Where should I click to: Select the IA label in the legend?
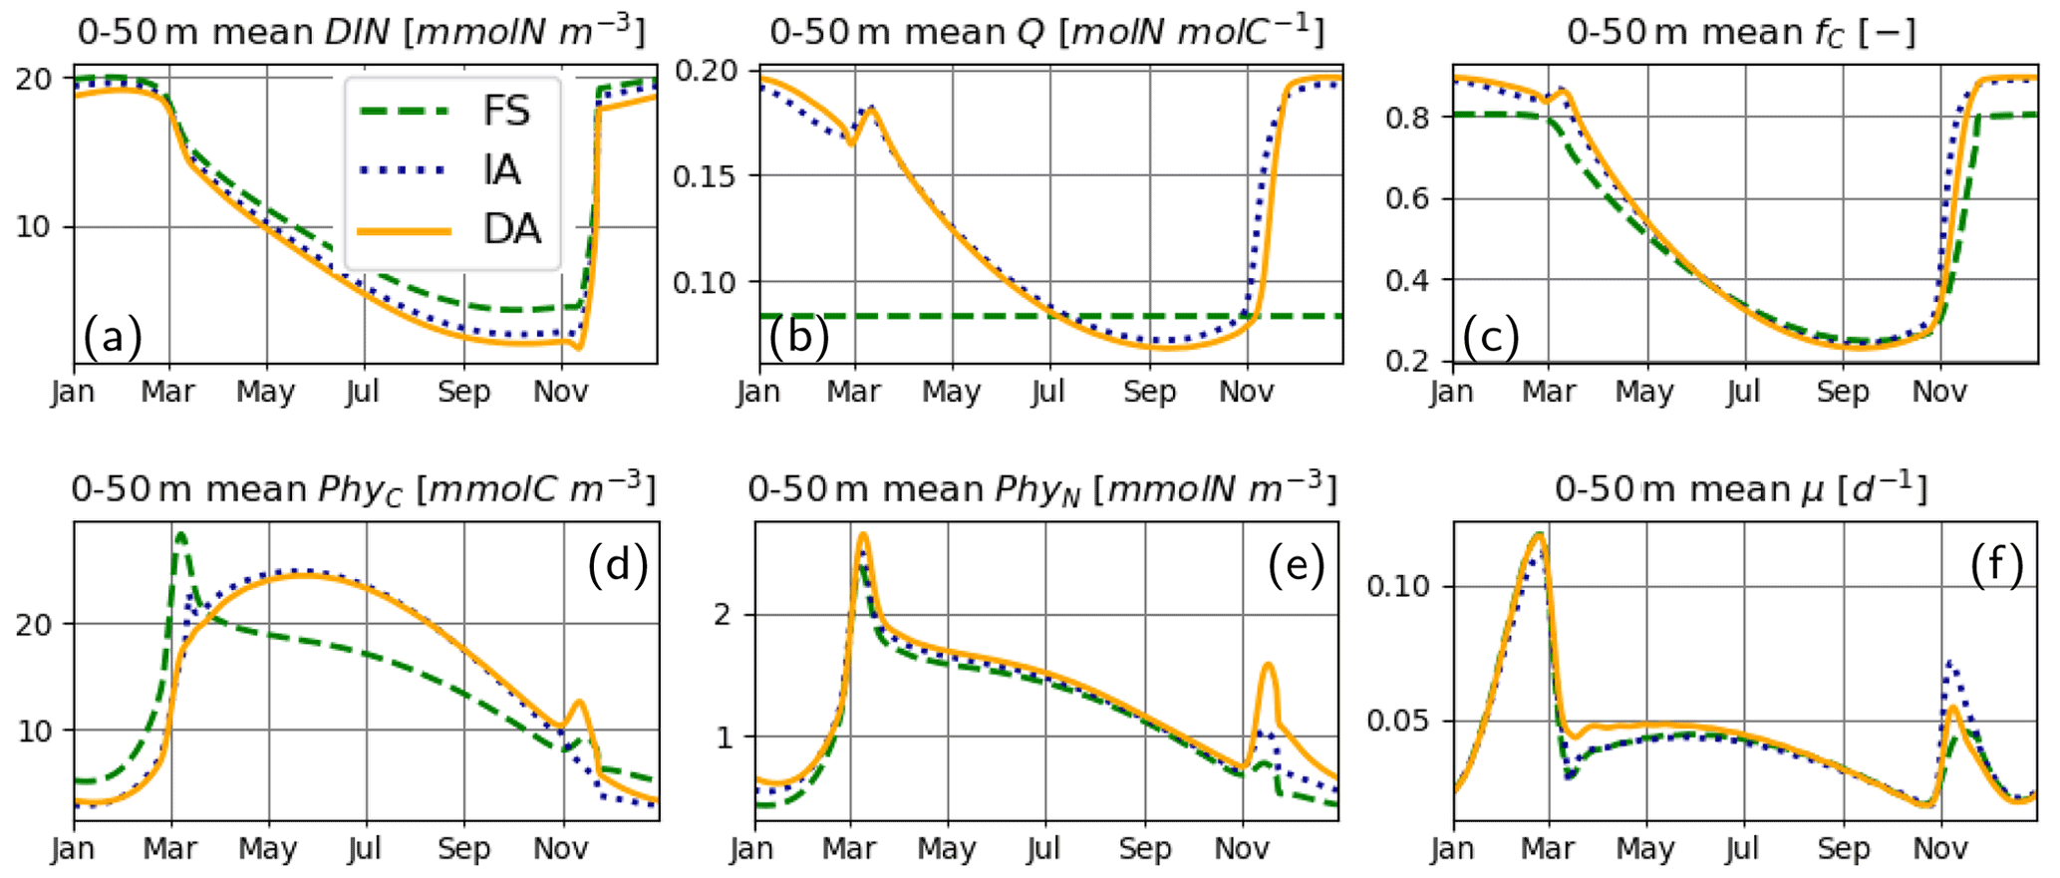click(x=502, y=169)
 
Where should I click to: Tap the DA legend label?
click(x=511, y=229)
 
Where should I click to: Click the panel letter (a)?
click(x=113, y=337)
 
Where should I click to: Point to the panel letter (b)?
click(x=798, y=337)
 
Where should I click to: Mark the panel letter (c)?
click(x=1491, y=337)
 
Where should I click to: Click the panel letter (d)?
click(x=618, y=566)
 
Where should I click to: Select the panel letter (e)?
click(x=1297, y=566)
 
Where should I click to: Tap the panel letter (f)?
click(x=1997, y=566)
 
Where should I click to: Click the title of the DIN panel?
click(x=361, y=32)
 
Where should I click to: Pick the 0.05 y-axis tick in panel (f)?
click(x=1397, y=721)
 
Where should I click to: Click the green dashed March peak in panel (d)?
click(x=180, y=535)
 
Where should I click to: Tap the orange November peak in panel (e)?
click(x=1269, y=664)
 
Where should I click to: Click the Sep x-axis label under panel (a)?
click(x=463, y=392)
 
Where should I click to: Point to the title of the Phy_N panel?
click(x=1041, y=488)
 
